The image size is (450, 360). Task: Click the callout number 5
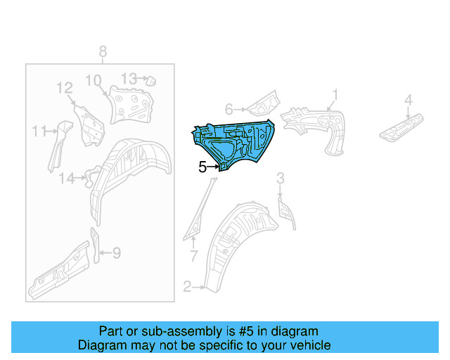pos(202,167)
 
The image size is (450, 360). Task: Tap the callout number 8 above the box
pos(103,51)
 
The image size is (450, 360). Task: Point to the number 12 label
pos(65,89)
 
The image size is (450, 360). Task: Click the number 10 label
pos(94,81)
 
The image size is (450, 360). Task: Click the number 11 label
pos(38,131)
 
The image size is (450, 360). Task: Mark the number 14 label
pos(66,179)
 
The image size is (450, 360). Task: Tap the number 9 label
pos(117,252)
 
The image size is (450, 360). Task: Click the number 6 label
pos(229,109)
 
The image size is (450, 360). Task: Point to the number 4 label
pos(408,101)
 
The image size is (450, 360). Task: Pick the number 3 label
pos(279,177)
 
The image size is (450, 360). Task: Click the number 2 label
pos(187,286)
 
